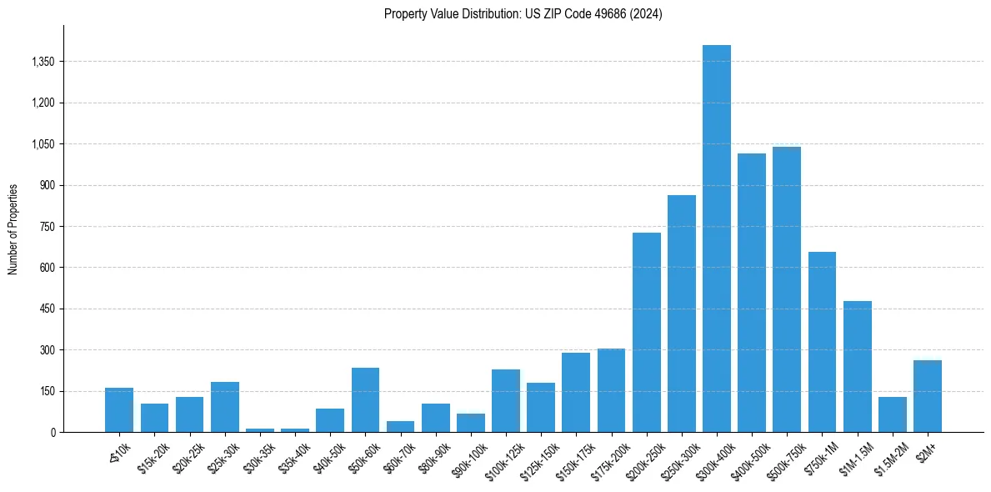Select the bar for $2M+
point(928,396)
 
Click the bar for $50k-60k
point(365,399)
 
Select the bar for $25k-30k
point(225,407)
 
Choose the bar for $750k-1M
point(822,342)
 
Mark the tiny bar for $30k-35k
point(260,430)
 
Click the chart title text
point(523,14)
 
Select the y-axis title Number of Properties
point(13,229)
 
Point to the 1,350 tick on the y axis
point(42,62)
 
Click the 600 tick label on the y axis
point(47,268)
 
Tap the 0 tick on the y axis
point(53,432)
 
